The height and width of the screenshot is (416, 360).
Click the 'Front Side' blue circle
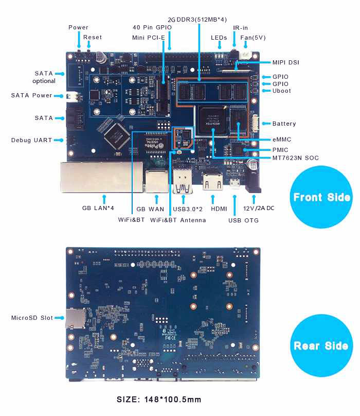pos(321,197)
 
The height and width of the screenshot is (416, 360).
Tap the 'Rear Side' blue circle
pos(321,345)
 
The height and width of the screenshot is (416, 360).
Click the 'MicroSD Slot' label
pos(32,318)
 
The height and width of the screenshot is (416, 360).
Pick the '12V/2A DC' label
pos(258,209)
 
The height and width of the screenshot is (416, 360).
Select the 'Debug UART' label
pos(31,140)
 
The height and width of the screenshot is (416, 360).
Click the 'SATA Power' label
pos(31,95)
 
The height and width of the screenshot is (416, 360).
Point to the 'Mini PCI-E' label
pos(149,37)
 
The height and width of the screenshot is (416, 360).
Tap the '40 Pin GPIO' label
pos(152,27)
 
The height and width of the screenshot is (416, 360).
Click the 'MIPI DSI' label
pos(285,63)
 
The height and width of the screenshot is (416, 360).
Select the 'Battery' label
pos(284,124)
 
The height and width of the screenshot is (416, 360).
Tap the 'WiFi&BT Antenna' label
pos(178,220)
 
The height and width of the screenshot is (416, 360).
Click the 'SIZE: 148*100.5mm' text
pos(159,400)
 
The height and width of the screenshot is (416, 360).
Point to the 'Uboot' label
pos(282,91)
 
